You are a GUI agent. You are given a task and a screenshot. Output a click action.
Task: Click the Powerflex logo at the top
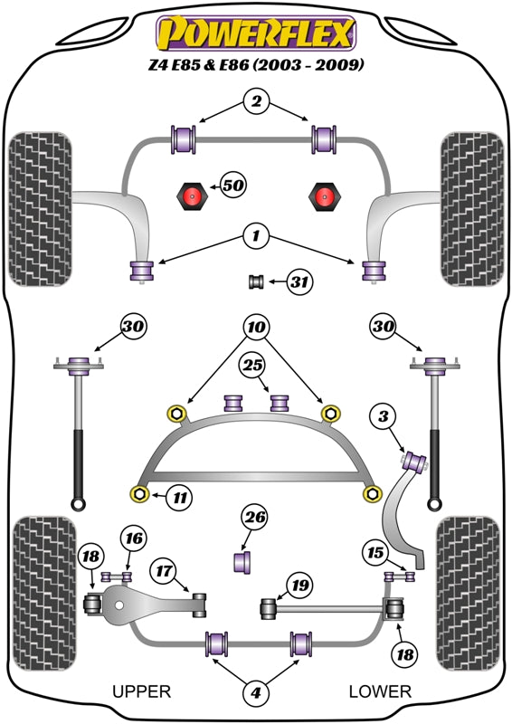pyautogui.click(x=256, y=33)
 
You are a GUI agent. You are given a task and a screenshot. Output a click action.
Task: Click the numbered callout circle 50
pyautogui.click(x=232, y=186)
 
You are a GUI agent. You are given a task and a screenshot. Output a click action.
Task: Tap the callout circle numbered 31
pyautogui.click(x=299, y=281)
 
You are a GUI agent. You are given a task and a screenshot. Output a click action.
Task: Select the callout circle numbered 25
pyautogui.click(x=252, y=366)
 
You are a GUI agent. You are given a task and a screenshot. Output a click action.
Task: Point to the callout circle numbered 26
pyautogui.click(x=255, y=517)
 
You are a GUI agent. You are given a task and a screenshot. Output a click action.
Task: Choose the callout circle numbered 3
pyautogui.click(x=384, y=416)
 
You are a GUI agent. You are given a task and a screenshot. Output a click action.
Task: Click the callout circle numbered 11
pyautogui.click(x=180, y=497)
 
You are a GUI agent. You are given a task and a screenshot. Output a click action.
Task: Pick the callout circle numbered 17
pyautogui.click(x=164, y=571)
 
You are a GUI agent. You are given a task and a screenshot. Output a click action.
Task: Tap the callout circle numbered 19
pyautogui.click(x=299, y=586)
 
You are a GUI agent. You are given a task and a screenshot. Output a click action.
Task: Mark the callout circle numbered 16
pyautogui.click(x=134, y=538)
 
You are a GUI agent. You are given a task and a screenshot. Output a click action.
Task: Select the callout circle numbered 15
pyautogui.click(x=375, y=552)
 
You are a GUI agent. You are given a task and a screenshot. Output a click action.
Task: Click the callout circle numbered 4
pyautogui.click(x=255, y=691)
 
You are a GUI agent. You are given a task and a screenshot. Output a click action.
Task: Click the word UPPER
pyautogui.click(x=142, y=691)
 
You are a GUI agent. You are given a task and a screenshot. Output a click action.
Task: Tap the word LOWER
pyautogui.click(x=380, y=691)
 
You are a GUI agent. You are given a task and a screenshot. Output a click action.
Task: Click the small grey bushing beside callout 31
pyautogui.click(x=256, y=281)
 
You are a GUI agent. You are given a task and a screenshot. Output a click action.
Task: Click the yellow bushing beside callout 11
pyautogui.click(x=139, y=494)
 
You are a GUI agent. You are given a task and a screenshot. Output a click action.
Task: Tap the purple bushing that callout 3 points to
pyautogui.click(x=415, y=462)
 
